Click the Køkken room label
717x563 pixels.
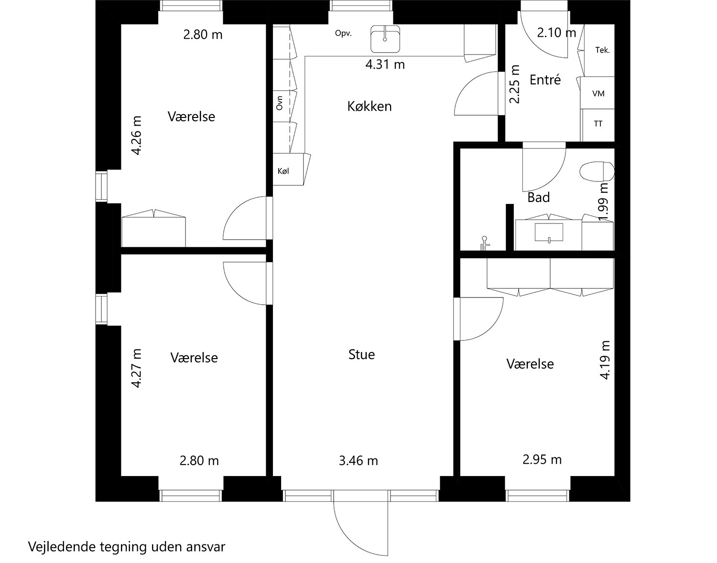369,106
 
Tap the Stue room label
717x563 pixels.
362,355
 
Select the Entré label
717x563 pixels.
545,80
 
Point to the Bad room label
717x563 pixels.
539,197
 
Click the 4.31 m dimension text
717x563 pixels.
385,64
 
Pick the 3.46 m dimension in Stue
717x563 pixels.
358,460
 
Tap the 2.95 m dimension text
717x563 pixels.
542,459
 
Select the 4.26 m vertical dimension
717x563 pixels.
136,135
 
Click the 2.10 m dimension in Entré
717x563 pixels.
557,32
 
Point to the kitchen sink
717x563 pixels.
385,39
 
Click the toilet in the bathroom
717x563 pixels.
597,171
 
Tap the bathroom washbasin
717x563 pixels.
549,233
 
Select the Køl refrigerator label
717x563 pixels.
283,171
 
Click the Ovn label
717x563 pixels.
280,103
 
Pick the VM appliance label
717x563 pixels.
598,94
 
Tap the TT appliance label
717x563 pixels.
598,124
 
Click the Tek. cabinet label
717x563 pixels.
602,50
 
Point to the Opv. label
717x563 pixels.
343,33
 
